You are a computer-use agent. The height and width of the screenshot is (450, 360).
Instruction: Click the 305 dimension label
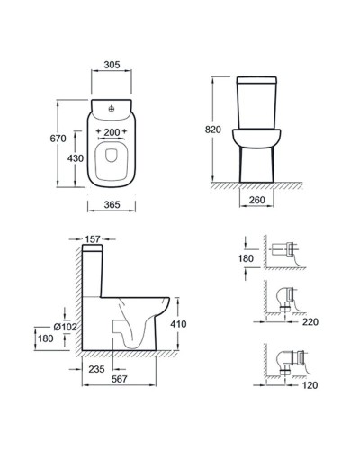pos(112,65)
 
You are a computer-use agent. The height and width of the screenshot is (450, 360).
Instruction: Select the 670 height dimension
pos(58,139)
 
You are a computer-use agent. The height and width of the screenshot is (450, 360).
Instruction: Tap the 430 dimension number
pos(76,158)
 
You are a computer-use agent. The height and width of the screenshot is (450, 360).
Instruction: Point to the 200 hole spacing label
pos(112,132)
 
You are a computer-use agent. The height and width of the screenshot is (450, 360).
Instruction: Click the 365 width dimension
pos(112,204)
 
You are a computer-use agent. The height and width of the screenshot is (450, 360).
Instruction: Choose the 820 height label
pos(213,130)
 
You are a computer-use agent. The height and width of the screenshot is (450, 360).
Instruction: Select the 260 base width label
pos(257,200)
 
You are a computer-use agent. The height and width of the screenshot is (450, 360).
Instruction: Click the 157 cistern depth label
pos(93,239)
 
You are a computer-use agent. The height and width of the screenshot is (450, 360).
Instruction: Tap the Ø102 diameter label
pos(65,327)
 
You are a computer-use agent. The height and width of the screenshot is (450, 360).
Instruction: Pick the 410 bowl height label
pos(178,324)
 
